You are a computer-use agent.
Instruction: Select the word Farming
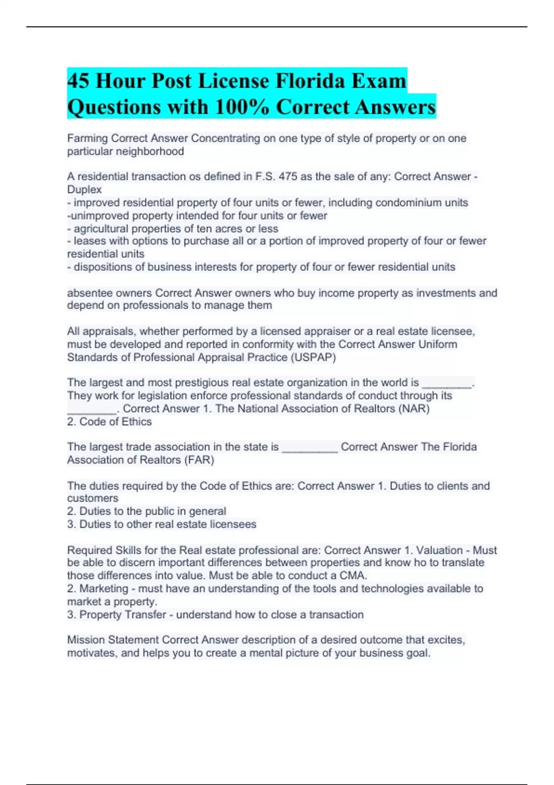coord(87,139)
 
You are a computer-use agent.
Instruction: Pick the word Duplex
coord(84,190)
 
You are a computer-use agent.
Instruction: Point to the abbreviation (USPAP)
coord(313,357)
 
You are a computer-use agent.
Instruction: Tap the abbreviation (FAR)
coord(199,460)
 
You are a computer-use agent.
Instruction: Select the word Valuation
coord(439,550)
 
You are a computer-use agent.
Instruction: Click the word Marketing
coord(104,589)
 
